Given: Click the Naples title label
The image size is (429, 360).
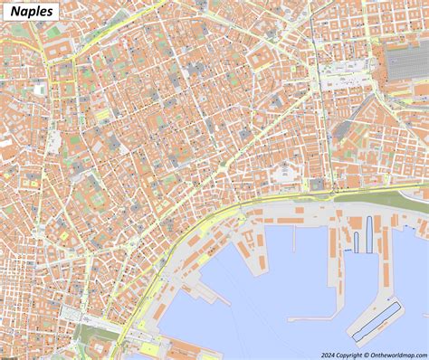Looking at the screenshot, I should [x=32, y=13].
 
